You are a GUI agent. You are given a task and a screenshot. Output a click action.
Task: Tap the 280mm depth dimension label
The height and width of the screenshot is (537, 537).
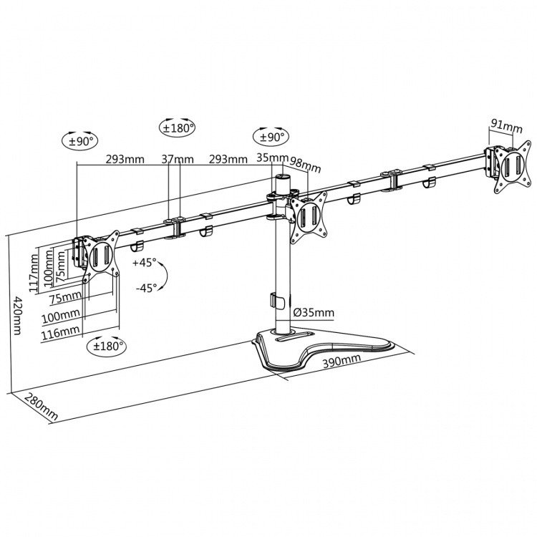coord(40,407)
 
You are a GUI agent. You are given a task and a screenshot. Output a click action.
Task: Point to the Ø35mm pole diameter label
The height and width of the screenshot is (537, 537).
coord(314,313)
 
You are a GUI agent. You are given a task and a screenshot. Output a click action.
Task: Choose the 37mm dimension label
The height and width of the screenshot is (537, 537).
coord(177,159)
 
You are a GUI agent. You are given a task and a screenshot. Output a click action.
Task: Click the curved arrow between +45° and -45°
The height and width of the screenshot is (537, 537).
coord(163,275)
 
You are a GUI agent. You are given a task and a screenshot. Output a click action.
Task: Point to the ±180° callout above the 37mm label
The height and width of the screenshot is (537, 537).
coord(177,129)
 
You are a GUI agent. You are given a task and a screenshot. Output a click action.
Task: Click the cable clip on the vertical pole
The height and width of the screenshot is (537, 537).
coord(276,301)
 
